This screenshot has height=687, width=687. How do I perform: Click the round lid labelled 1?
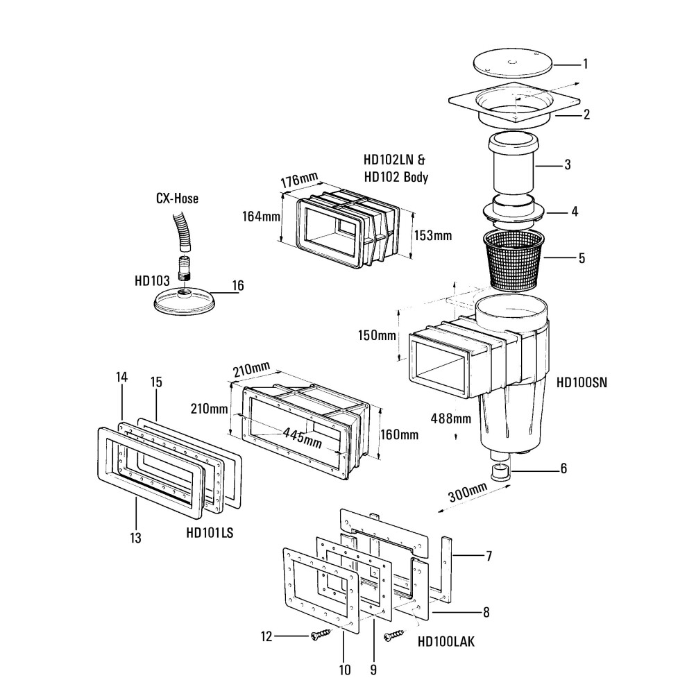[512, 64]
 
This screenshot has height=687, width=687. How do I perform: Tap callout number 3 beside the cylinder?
[567, 165]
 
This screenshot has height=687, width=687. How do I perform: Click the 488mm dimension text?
[450, 418]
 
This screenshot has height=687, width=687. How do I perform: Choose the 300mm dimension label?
[468, 494]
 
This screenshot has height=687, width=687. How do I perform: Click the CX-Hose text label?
[177, 199]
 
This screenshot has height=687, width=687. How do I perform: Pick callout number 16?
[237, 285]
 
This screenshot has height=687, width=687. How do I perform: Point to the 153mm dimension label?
[432, 235]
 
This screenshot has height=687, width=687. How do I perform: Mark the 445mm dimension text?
[302, 436]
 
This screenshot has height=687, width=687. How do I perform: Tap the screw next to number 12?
[321, 634]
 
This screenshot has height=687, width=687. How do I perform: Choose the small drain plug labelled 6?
[500, 474]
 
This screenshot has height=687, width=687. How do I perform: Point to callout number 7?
[489, 556]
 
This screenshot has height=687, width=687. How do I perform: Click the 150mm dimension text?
[377, 336]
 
